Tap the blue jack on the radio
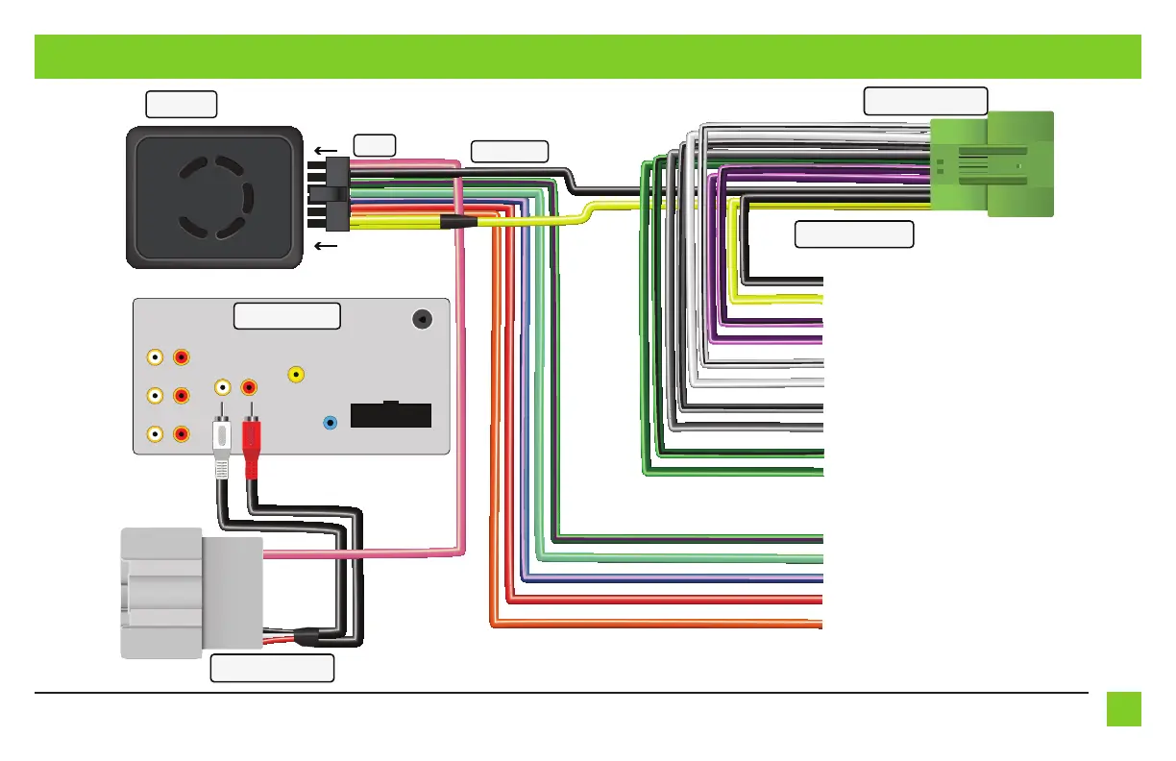pos(331,422)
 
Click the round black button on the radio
pos(421,319)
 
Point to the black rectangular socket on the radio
pos(391,415)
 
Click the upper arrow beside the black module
pos(327,151)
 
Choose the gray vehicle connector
pos(190,593)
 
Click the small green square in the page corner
pos(1123,709)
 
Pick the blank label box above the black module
pos(181,104)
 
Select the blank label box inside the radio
pos(287,315)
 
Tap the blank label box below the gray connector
pos(272,669)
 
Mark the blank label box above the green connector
pos(925,101)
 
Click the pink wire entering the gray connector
pos(365,553)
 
